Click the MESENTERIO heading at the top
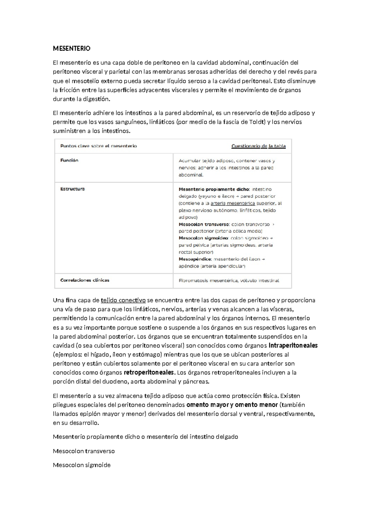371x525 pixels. (x=71, y=49)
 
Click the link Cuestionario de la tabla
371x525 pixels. (x=258, y=146)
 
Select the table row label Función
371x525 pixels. (x=69, y=160)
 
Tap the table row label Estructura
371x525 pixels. (x=72, y=189)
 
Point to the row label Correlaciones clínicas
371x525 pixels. (x=85, y=280)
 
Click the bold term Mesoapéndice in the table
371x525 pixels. (x=195, y=259)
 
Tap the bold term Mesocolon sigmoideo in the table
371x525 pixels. (x=203, y=238)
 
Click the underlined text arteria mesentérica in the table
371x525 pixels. (x=232, y=203)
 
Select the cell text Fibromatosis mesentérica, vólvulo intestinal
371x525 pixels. (x=229, y=281)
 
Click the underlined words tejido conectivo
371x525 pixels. (x=123, y=300)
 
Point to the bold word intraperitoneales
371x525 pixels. (x=293, y=345)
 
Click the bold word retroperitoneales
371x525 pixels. (x=149, y=372)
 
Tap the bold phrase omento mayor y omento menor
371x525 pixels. (x=232, y=405)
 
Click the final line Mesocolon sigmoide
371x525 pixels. (x=82, y=465)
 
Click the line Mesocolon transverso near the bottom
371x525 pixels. (x=84, y=451)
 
